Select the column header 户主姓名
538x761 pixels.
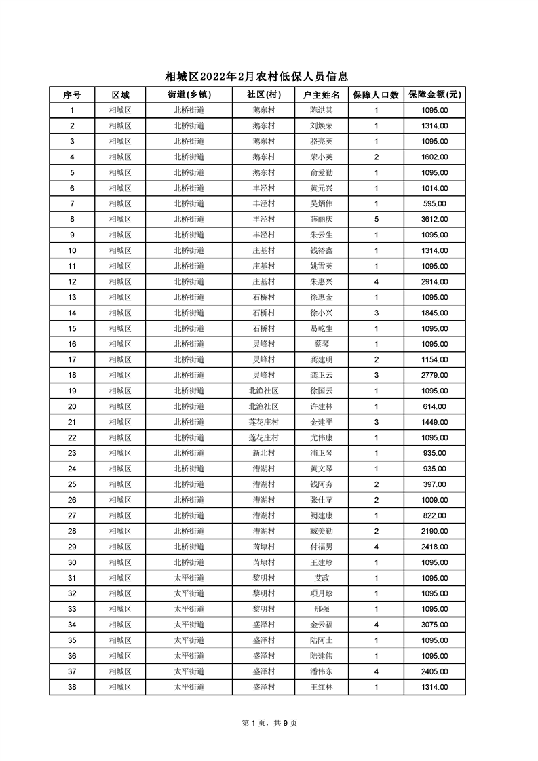321,95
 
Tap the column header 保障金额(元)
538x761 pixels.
434,95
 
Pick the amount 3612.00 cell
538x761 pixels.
434,219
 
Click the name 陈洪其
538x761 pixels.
321,110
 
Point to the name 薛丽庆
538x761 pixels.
321,219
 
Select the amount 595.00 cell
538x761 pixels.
434,203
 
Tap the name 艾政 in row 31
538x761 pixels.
321,578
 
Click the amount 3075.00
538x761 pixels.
434,625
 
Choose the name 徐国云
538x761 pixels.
321,391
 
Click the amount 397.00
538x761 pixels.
434,484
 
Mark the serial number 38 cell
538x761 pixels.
72,687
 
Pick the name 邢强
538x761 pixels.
321,609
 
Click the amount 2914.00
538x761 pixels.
434,281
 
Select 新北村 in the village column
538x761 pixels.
263,453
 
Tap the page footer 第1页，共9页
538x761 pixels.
269,723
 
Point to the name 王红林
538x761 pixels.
321,687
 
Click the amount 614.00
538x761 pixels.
434,406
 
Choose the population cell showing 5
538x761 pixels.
376,219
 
